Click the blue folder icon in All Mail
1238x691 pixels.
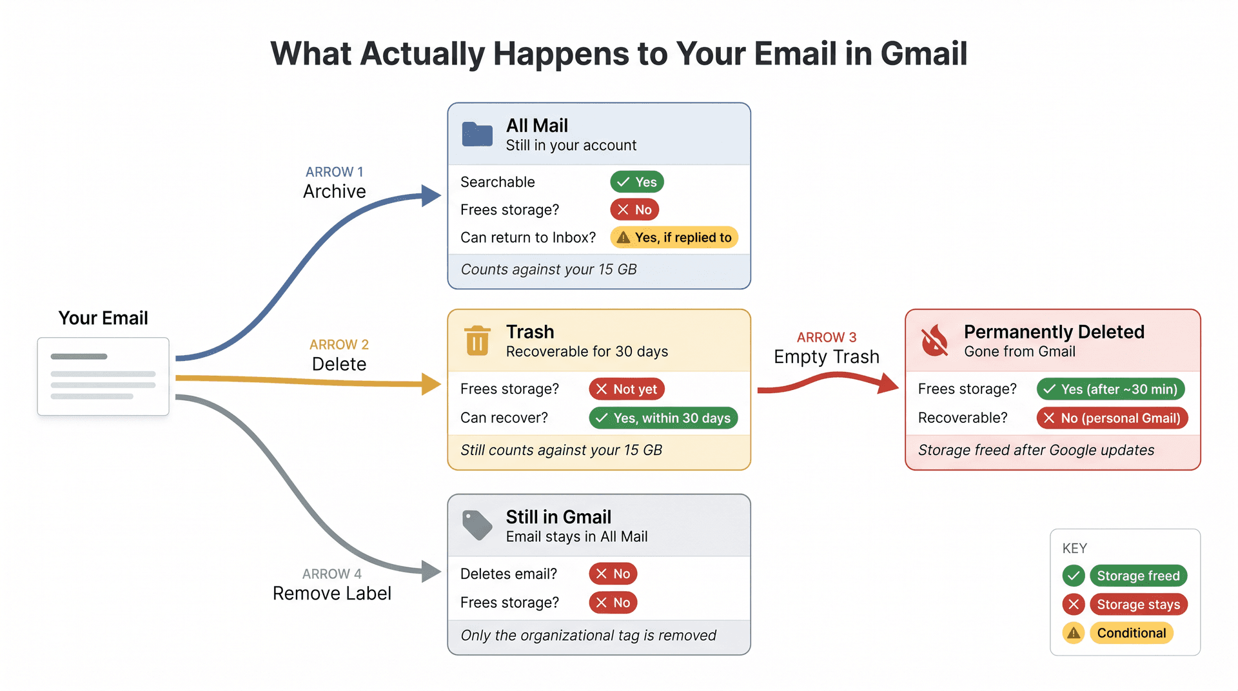477,135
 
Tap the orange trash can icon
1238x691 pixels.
477,340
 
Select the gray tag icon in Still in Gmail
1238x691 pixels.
477,525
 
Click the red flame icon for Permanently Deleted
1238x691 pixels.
934,340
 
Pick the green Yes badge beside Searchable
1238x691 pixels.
637,182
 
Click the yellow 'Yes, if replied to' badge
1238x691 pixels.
674,237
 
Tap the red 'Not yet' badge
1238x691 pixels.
626,389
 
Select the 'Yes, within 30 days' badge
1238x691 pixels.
663,418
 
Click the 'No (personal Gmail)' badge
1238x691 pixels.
1112,418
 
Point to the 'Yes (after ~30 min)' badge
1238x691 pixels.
1110,389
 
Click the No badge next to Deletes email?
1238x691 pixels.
613,574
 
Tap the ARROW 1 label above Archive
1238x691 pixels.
334,172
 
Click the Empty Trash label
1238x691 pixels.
826,356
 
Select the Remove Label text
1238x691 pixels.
331,593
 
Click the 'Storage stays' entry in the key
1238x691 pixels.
1138,604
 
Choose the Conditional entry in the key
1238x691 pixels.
1131,633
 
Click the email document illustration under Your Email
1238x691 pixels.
103,376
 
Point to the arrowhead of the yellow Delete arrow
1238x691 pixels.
431,384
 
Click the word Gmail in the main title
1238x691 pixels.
923,54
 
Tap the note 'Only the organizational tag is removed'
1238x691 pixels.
588,636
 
